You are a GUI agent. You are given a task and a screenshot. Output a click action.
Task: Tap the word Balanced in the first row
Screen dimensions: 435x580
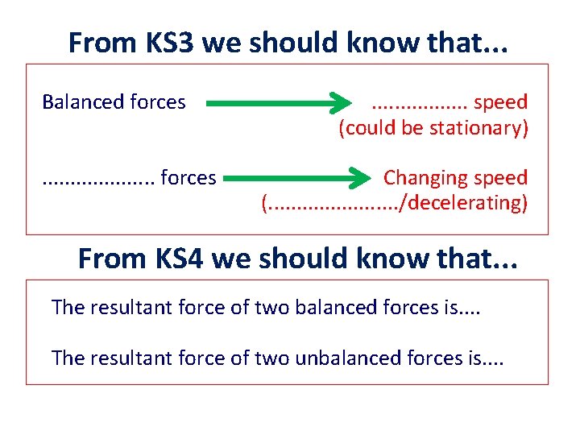coord(77,102)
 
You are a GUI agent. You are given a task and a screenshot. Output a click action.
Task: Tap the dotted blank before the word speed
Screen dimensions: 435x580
coord(420,103)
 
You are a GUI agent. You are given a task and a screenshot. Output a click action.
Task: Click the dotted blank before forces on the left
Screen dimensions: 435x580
coord(97,177)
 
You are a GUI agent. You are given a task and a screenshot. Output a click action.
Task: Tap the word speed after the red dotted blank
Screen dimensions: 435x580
coord(500,102)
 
